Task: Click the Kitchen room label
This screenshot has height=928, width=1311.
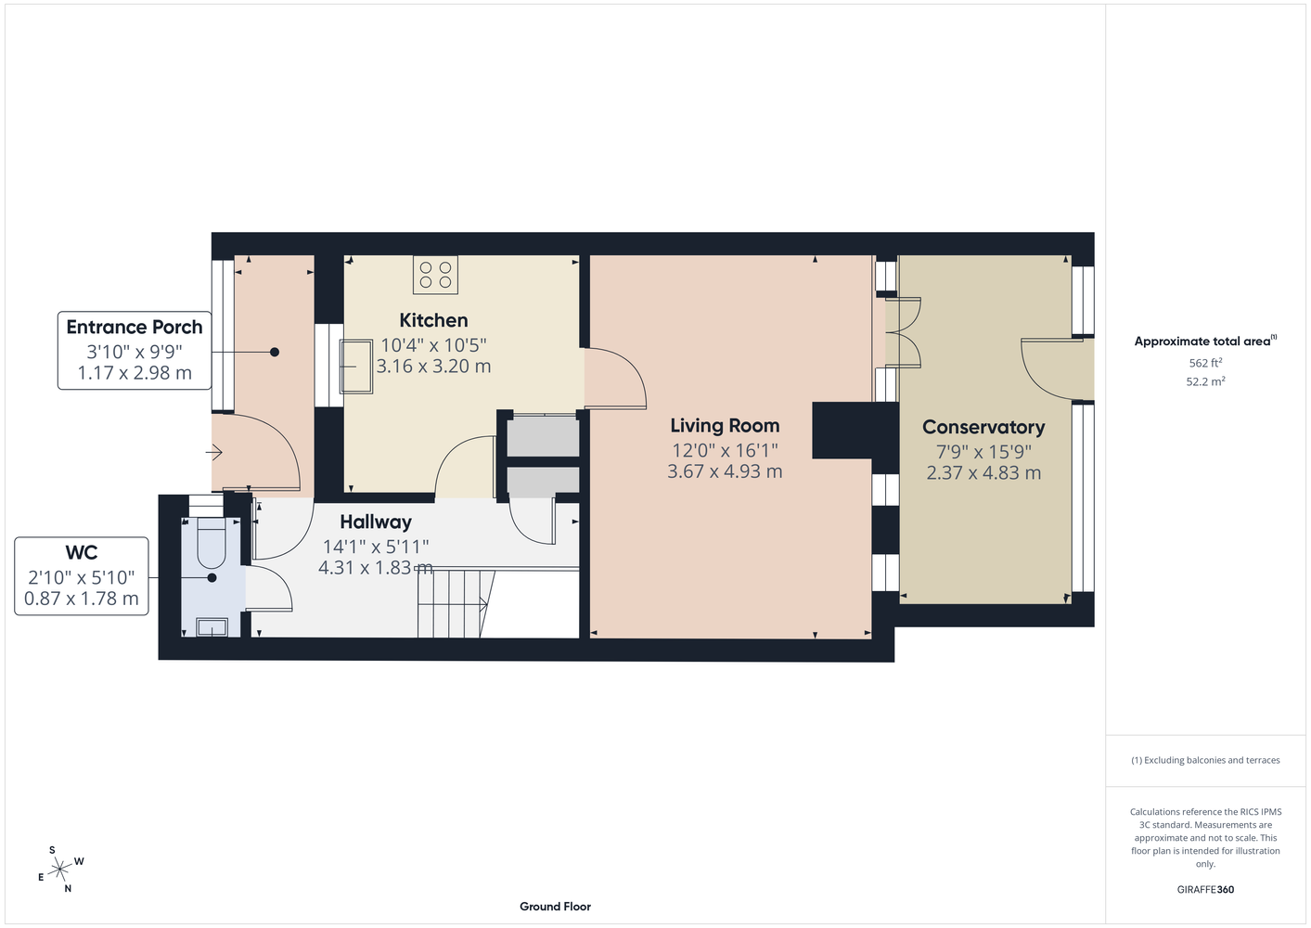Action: [x=433, y=320]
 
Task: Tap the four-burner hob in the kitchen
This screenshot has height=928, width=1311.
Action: [x=435, y=275]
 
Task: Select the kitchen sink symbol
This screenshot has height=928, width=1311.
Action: [x=356, y=367]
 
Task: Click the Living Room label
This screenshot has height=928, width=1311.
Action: [x=725, y=426]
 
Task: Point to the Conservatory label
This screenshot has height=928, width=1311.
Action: [x=983, y=428]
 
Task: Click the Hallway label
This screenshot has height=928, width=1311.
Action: [x=376, y=522]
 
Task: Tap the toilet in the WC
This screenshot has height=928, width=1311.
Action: [x=212, y=543]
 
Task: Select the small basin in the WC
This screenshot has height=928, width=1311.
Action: [x=212, y=627]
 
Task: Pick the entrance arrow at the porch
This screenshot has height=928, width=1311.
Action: [x=214, y=453]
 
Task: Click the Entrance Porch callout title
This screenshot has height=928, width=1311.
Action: [x=135, y=327]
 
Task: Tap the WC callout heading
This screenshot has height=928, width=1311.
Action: [x=82, y=552]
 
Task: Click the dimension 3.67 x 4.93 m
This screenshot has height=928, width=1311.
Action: [x=725, y=471]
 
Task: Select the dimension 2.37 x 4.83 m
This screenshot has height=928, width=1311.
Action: [x=983, y=472]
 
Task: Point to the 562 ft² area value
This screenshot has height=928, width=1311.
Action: [x=1205, y=363]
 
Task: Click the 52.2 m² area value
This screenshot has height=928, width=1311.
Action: [x=1205, y=381]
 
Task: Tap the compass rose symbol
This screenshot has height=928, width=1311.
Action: [x=59, y=870]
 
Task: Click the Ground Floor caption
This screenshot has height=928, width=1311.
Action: [x=556, y=907]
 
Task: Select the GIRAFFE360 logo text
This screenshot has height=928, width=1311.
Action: [x=1205, y=889]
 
